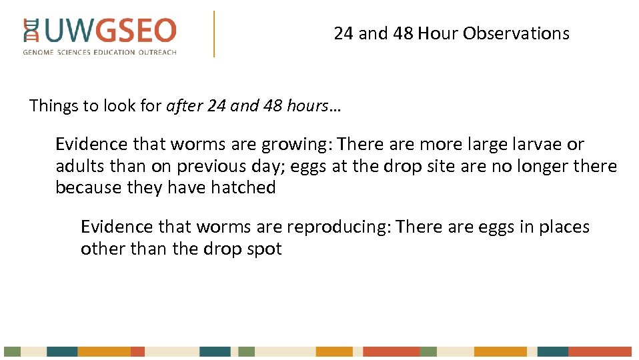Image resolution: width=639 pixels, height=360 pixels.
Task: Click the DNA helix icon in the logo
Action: (x=30, y=31)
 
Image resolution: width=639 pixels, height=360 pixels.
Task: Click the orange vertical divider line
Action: (x=214, y=33)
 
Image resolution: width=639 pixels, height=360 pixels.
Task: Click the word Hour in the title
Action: (x=438, y=33)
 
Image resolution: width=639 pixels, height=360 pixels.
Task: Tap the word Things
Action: (x=53, y=106)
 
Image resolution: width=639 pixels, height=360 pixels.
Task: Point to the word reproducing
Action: (x=338, y=227)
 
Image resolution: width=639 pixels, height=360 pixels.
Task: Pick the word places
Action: (x=563, y=227)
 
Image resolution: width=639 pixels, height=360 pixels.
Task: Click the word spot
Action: (x=265, y=249)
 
